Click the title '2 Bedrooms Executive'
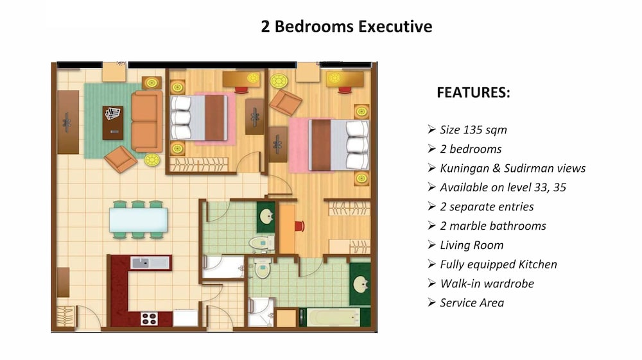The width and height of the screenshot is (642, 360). pyautogui.click(x=347, y=26)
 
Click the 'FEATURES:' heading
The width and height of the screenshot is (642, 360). pyautogui.click(x=473, y=92)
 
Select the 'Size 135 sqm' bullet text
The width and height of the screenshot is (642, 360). pyautogui.click(x=473, y=130)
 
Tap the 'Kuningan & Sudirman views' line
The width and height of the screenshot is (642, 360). pyautogui.click(x=512, y=168)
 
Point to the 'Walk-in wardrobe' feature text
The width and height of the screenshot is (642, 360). pyautogui.click(x=487, y=284)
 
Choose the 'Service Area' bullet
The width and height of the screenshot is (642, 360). pyautogui.click(x=472, y=303)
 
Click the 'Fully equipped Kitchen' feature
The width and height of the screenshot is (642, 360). pyautogui.click(x=498, y=264)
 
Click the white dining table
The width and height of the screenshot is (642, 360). pyautogui.click(x=139, y=220)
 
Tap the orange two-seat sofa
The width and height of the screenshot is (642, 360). pyautogui.click(x=146, y=121)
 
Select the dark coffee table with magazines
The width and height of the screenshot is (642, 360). pyautogui.click(x=112, y=123)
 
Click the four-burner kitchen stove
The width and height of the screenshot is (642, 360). pyautogui.click(x=149, y=319)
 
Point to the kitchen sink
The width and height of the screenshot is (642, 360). pyautogui.click(x=150, y=262)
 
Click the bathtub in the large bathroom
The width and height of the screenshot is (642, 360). pyautogui.click(x=333, y=318)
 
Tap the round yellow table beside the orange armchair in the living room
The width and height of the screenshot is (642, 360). pyautogui.click(x=152, y=160)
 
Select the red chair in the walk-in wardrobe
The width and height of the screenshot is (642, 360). pyautogui.click(x=299, y=227)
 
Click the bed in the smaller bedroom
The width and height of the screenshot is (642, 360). pyautogui.click(x=198, y=118)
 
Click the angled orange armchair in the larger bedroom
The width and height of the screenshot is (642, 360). pyautogui.click(x=285, y=102)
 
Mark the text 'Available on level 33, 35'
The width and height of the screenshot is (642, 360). pyautogui.click(x=503, y=187)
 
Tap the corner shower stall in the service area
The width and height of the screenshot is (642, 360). pyautogui.click(x=261, y=312)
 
